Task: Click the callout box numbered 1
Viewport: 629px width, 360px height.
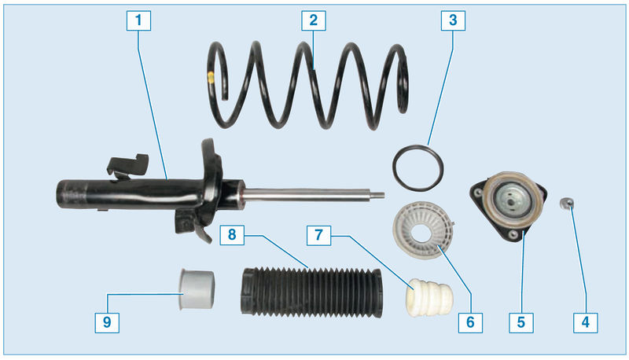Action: [x=138, y=20]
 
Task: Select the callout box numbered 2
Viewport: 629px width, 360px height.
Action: [x=313, y=20]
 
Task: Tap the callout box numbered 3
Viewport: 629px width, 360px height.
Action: [x=453, y=20]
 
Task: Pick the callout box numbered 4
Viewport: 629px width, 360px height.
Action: [x=585, y=322]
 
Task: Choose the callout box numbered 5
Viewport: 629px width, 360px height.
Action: [x=520, y=322]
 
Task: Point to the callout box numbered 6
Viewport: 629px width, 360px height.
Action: [x=470, y=322]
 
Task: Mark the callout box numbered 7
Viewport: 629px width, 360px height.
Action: [x=318, y=235]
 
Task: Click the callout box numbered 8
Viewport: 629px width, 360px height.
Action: [x=232, y=235]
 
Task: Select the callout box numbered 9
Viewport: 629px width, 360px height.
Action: [x=107, y=322]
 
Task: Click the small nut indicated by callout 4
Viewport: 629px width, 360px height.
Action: [x=566, y=204]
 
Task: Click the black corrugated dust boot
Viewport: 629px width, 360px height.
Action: [x=311, y=292]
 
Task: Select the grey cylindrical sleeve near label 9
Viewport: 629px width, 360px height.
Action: [x=196, y=290]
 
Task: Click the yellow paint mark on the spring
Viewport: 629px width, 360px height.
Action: [x=211, y=77]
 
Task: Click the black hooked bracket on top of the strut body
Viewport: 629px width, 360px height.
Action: [x=127, y=164]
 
